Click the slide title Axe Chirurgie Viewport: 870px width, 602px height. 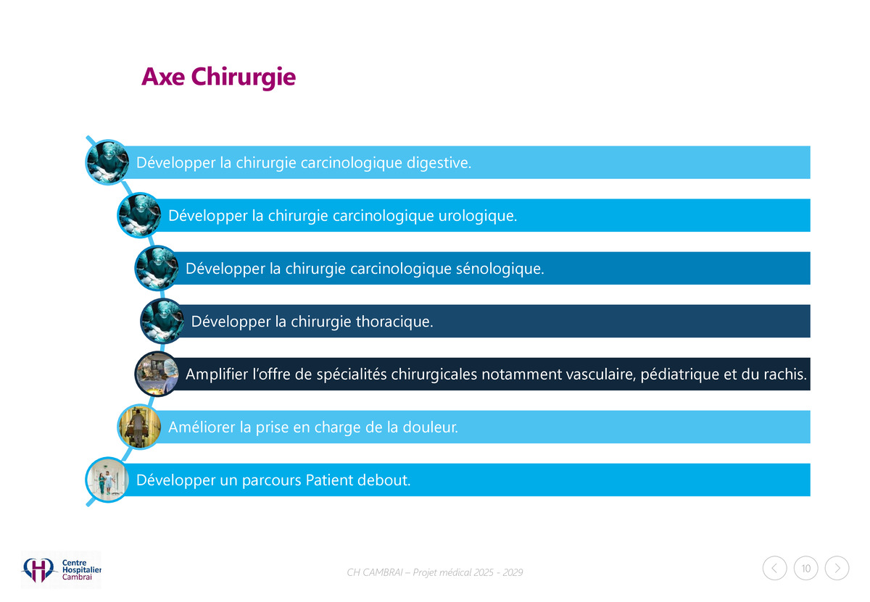pyautogui.click(x=218, y=77)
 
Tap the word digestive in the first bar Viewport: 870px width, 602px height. pyautogui.click(x=439, y=162)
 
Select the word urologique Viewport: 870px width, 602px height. pyautogui.click(x=478, y=215)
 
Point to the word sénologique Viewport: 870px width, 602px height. pyautogui.click(x=500, y=269)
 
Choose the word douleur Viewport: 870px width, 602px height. pyautogui.click(x=431, y=427)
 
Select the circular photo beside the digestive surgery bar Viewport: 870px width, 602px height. pyautogui.click(x=107, y=162)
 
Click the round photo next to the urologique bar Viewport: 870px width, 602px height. pyautogui.click(x=139, y=215)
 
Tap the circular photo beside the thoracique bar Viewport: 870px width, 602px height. pyautogui.click(x=162, y=321)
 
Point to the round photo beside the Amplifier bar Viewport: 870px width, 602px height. pyautogui.click(x=157, y=374)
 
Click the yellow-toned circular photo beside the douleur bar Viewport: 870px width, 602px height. pyautogui.click(x=139, y=427)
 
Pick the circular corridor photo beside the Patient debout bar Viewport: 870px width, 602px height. pyautogui.click(x=107, y=480)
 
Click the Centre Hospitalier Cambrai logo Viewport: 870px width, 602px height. pyautogui.click(x=61, y=570)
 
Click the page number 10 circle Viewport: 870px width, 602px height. pyautogui.click(x=806, y=568)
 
